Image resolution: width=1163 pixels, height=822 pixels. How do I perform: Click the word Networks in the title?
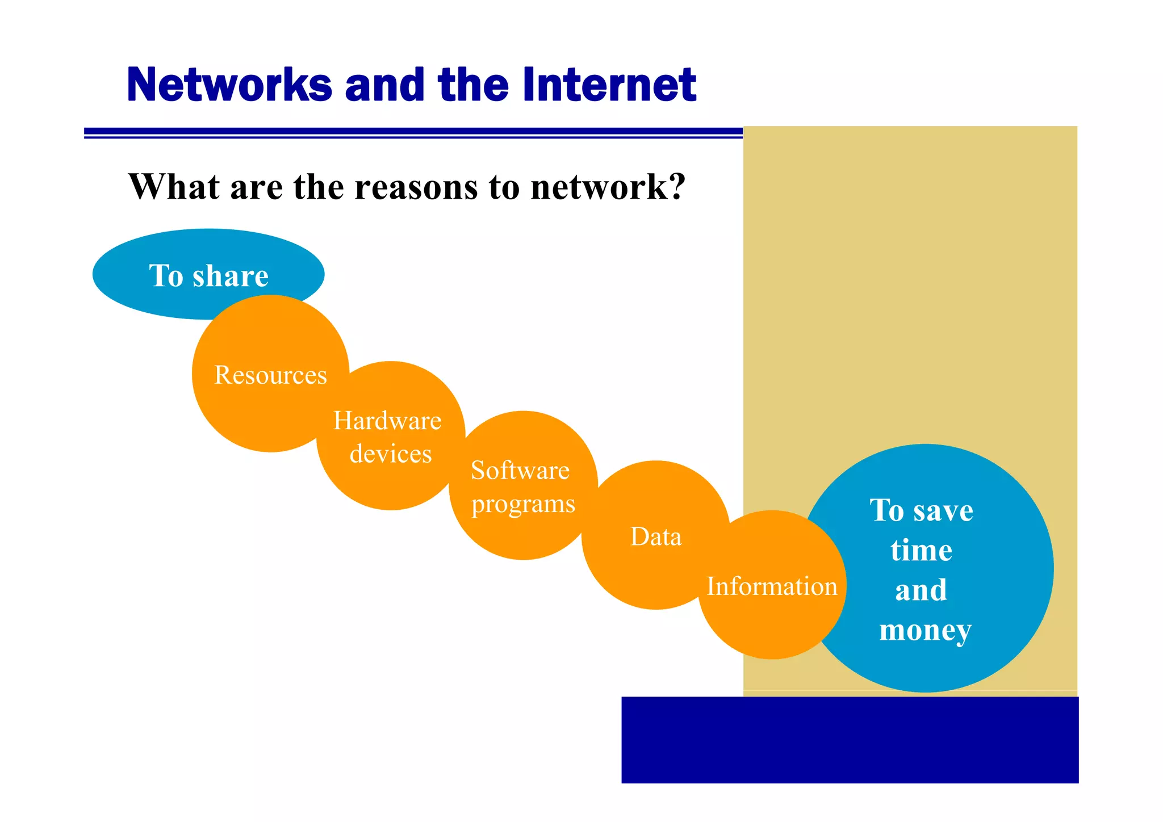click(x=229, y=85)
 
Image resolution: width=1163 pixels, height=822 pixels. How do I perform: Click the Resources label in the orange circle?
click(x=270, y=375)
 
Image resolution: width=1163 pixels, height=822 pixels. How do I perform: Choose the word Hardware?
click(x=387, y=421)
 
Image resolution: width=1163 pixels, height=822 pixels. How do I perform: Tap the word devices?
click(x=391, y=454)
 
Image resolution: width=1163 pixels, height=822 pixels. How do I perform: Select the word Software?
click(x=520, y=471)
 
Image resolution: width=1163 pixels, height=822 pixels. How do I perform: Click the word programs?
click(x=523, y=504)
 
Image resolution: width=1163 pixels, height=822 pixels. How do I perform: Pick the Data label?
click(x=656, y=537)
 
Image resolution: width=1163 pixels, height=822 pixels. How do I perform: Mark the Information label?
click(x=772, y=586)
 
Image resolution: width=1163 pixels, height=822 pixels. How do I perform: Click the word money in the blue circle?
click(x=925, y=631)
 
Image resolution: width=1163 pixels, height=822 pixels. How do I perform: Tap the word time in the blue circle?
click(x=921, y=551)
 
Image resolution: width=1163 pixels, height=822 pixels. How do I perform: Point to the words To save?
click(x=921, y=510)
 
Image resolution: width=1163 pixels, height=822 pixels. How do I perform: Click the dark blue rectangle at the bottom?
click(x=850, y=740)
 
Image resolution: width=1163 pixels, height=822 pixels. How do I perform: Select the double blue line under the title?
click(x=413, y=133)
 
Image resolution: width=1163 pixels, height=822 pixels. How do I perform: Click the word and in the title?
click(x=384, y=85)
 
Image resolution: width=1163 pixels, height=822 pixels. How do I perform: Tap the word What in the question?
click(x=174, y=187)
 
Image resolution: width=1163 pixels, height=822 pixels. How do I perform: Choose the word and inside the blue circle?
click(x=921, y=590)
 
